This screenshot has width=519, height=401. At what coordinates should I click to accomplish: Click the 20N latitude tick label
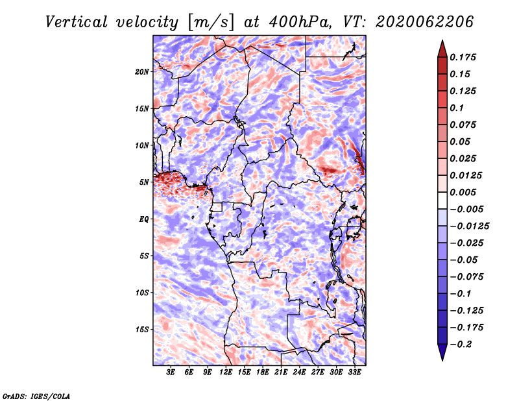point(141,71)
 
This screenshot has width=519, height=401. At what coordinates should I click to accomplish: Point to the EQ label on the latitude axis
point(143,219)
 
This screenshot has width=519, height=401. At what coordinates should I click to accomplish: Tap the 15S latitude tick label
point(141,330)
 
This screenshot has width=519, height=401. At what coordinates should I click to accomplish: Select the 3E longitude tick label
point(171,372)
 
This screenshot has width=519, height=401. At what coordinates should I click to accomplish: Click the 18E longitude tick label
point(262,372)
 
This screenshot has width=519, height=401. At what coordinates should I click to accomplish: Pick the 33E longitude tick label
point(354,372)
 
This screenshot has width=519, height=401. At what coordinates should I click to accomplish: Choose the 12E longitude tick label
point(225,372)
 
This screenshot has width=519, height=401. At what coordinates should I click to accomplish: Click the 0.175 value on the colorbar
point(463,57)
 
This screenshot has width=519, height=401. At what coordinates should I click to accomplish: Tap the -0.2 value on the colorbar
point(461,345)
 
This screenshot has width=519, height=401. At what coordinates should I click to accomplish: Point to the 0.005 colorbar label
point(463,192)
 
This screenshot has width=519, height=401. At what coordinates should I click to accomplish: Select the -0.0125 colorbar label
point(469,226)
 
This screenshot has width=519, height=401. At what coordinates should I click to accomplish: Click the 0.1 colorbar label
point(457,108)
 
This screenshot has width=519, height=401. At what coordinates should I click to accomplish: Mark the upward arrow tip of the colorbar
point(442,40)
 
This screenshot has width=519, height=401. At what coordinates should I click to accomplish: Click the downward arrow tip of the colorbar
point(442,360)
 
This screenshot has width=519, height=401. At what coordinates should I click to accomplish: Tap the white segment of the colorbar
point(442,200)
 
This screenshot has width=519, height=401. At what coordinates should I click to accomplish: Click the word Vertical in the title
point(76,22)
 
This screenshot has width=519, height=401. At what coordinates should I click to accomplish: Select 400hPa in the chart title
point(300,22)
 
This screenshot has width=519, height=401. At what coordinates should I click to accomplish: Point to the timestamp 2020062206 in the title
point(424,22)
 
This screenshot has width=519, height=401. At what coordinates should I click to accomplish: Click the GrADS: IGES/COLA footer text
point(36,396)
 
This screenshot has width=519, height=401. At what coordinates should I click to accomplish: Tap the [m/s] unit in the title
point(211,23)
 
